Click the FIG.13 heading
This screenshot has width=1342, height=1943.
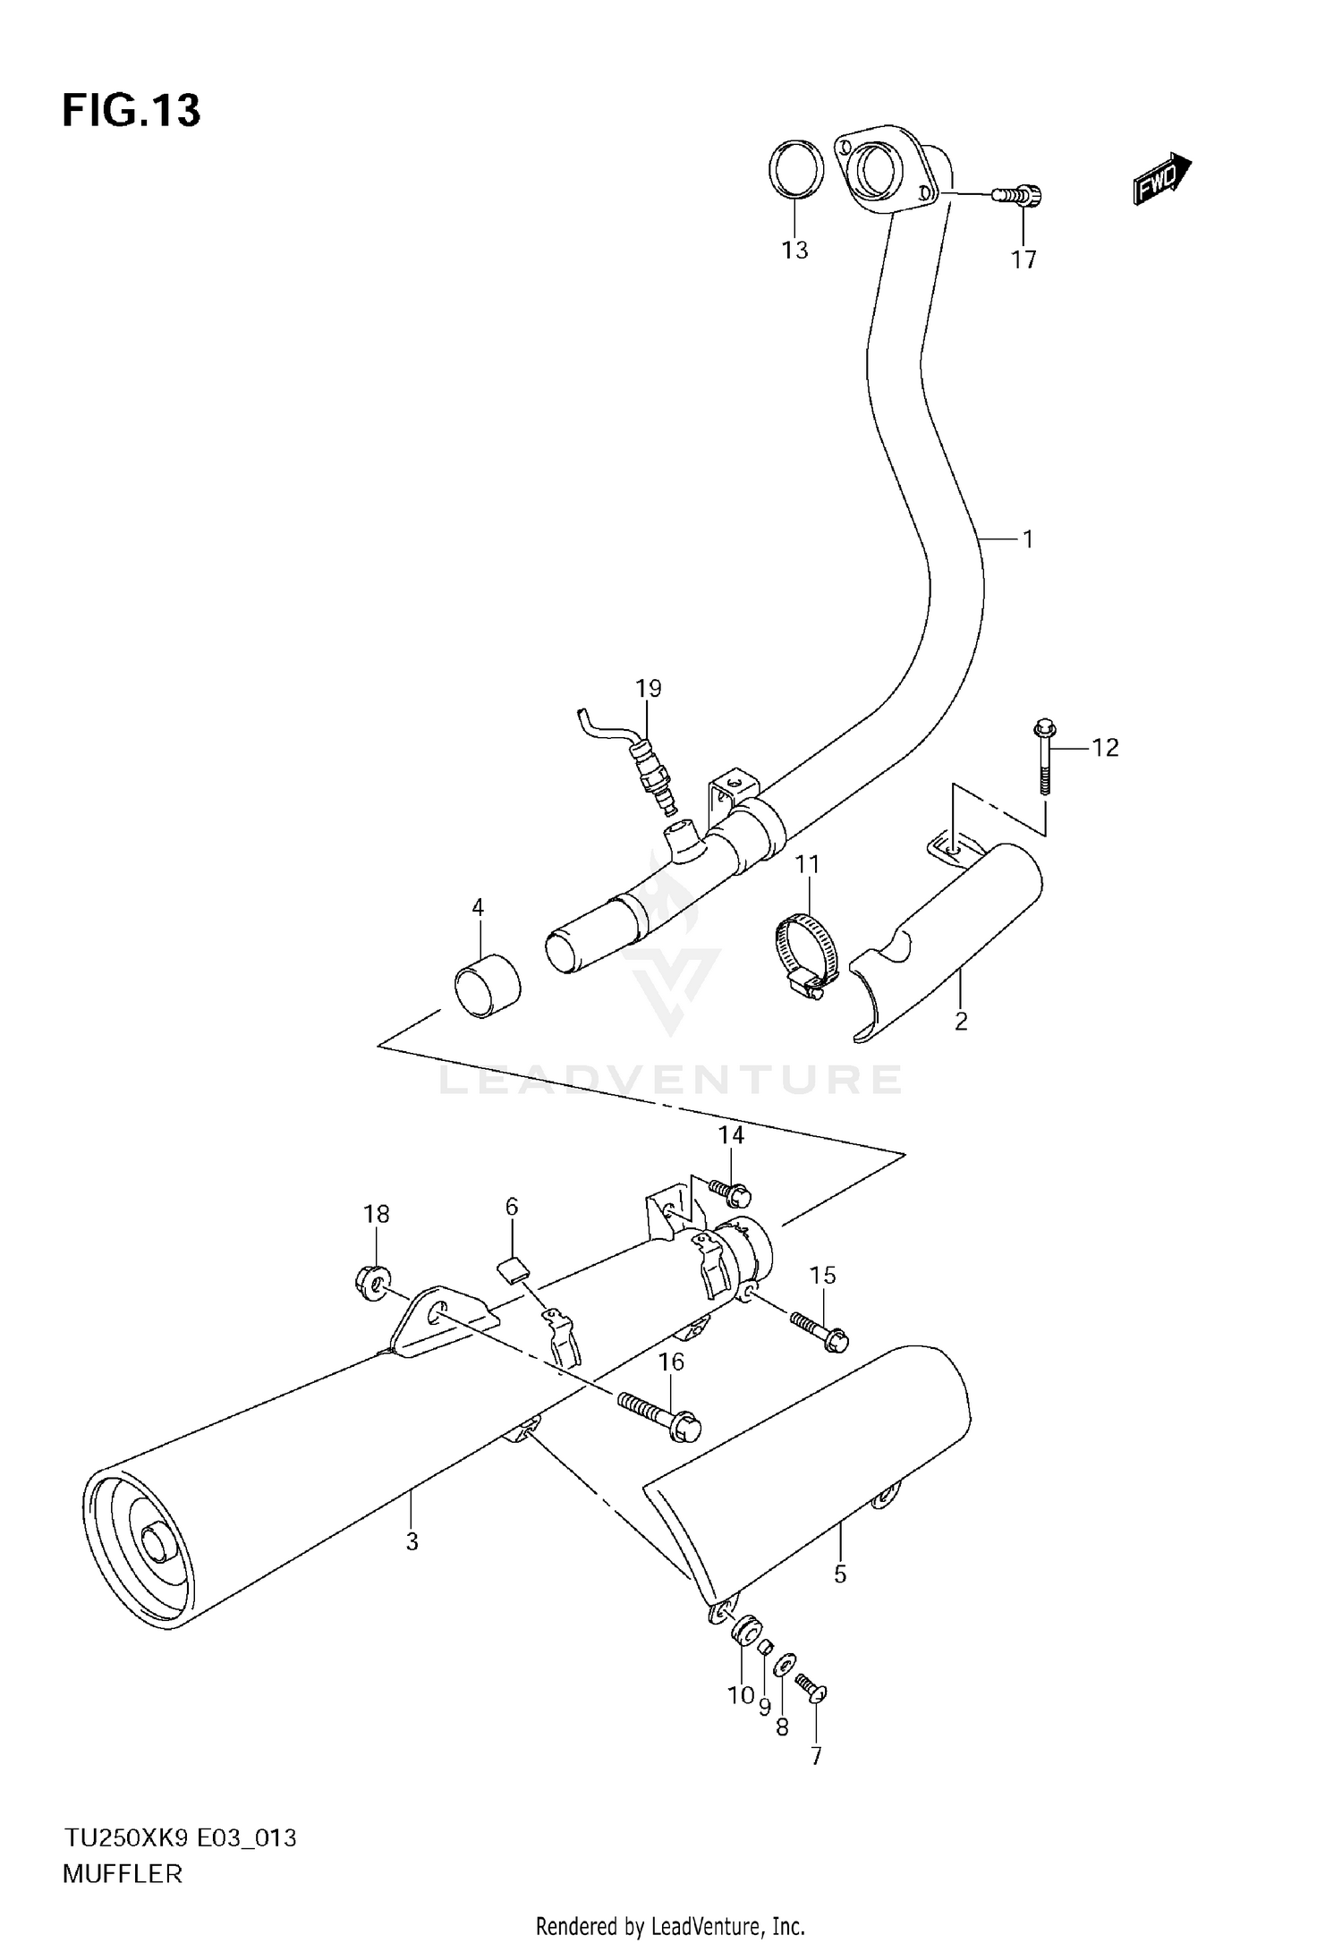pyautogui.click(x=132, y=111)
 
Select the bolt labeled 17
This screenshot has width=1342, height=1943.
pyautogui.click(x=1019, y=194)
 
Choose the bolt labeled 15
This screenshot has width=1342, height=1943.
pyautogui.click(x=818, y=1328)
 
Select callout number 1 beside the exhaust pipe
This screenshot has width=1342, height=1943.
pyautogui.click(x=1028, y=539)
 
